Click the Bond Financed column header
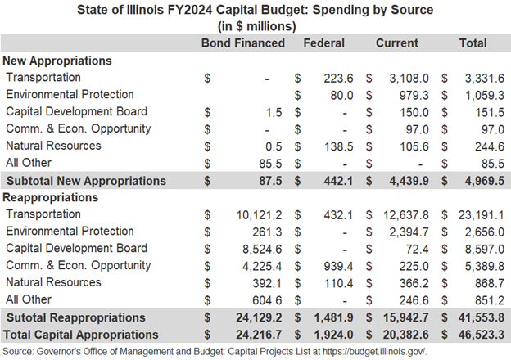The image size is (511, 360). [x=243, y=43]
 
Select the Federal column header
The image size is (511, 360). [x=324, y=43]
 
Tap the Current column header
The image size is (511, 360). [x=397, y=43]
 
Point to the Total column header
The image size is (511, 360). [x=473, y=43]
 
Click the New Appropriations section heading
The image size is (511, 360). [x=57, y=61]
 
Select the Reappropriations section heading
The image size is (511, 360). [x=50, y=197]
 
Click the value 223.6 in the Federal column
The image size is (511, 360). [x=338, y=79]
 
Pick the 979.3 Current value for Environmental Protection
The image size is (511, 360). [x=414, y=96]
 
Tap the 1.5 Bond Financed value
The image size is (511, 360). [x=274, y=113]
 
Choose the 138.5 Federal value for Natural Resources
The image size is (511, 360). [x=338, y=146]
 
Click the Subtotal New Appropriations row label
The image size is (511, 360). [x=86, y=181]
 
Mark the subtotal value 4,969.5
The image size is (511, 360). [x=485, y=181]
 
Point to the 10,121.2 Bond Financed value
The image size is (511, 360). [x=259, y=215]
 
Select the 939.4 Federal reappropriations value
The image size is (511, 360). [x=338, y=266]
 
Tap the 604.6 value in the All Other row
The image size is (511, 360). [x=267, y=300]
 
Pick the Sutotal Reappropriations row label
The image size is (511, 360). [x=76, y=317]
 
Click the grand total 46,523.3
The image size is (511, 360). [x=482, y=335]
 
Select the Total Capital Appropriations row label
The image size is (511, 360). [x=80, y=335]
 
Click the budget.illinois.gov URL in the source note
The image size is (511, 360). [x=374, y=352]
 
